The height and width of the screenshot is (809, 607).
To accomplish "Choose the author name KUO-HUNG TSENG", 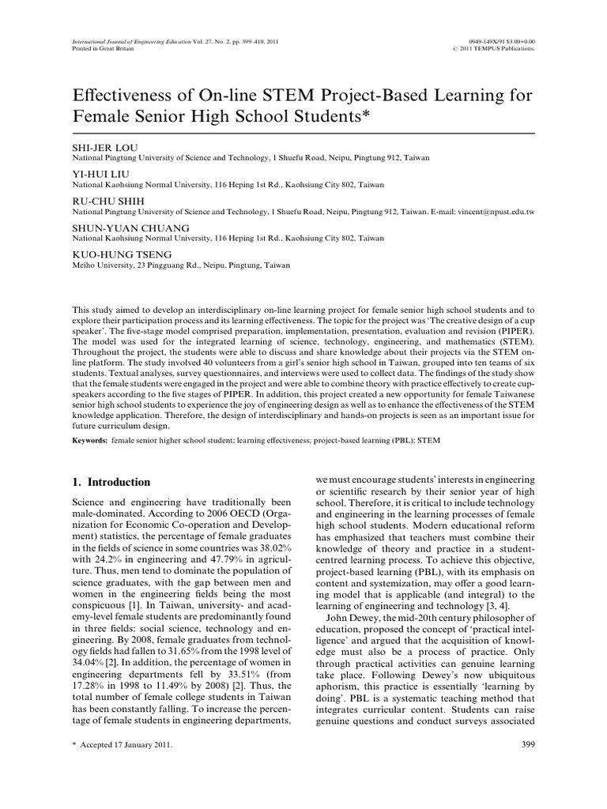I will click(x=115, y=254).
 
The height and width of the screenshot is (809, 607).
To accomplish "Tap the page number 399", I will click(x=530, y=744).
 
